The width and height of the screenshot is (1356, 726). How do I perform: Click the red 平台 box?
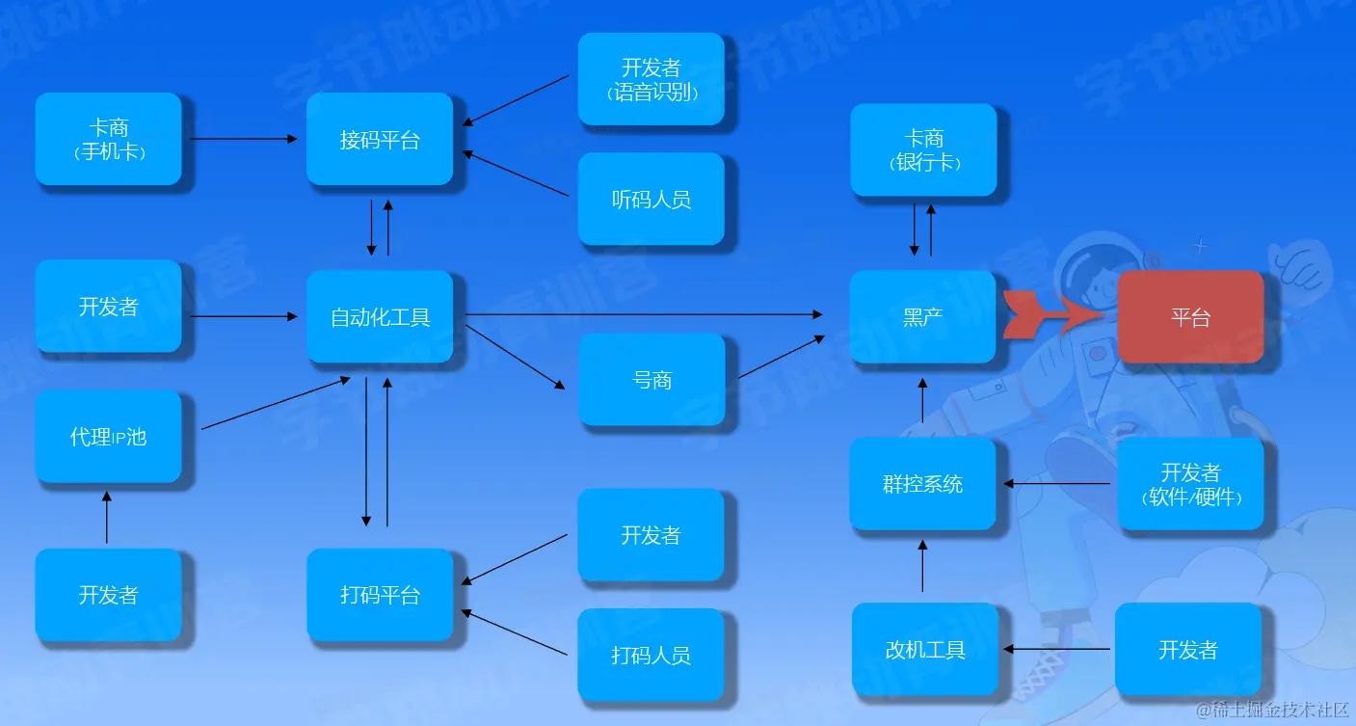pos(1190,316)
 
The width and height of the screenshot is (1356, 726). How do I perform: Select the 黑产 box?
pos(922,316)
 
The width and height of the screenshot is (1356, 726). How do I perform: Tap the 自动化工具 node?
pos(380,316)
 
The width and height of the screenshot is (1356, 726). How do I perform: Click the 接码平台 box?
pos(380,139)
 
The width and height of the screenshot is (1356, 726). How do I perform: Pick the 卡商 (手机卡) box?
pos(108,139)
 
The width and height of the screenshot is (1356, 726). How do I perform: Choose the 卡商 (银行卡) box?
pos(922,149)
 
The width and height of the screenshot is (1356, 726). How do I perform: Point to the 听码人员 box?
pos(651,199)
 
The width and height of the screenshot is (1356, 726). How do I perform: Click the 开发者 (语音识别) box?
pos(651,79)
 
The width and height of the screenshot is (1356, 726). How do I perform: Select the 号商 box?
pos(651,379)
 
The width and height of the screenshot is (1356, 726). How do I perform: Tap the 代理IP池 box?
pos(108,436)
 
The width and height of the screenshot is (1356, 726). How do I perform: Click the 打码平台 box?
pos(380,594)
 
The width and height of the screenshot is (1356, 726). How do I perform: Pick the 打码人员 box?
pos(651,655)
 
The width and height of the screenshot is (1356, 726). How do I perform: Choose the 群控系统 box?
pos(922,483)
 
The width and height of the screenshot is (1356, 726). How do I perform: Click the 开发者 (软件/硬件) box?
pos(1190,484)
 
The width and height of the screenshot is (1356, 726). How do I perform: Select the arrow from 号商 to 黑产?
pos(781,357)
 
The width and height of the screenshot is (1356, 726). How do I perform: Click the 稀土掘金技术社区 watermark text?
pos(1272,709)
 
